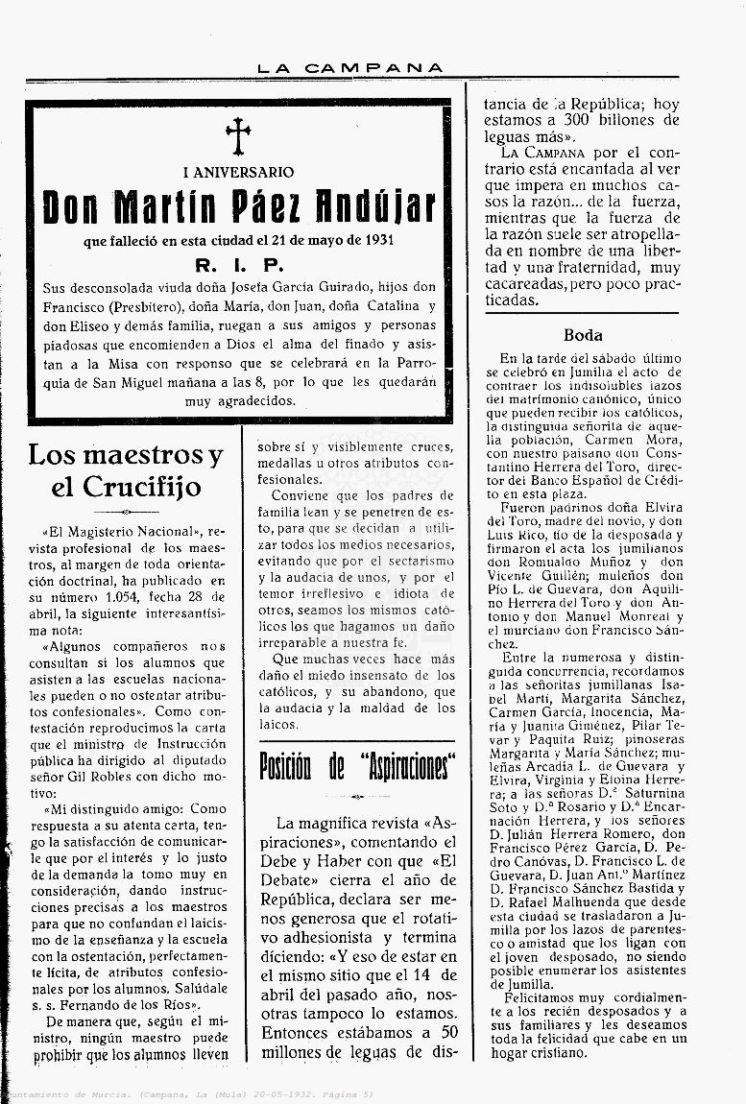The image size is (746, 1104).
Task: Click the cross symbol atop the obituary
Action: [238, 136]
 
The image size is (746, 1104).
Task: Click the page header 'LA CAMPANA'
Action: [350, 68]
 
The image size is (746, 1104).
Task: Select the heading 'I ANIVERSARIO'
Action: [238, 173]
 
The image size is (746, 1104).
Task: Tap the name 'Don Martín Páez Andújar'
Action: [239, 207]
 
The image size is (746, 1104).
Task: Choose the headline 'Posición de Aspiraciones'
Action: [357, 766]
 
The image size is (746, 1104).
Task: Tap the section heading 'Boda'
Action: [583, 335]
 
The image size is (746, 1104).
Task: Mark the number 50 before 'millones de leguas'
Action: [446, 1033]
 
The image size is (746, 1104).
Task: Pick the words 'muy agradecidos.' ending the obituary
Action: [240, 400]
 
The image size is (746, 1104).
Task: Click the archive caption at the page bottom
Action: [187, 1094]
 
